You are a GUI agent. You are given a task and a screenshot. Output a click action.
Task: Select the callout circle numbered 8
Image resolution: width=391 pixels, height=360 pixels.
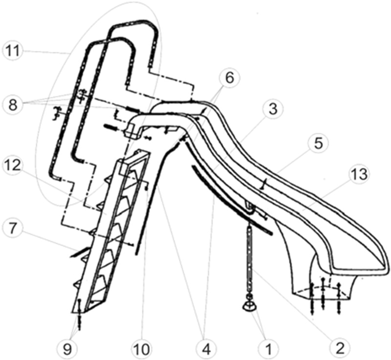click(x=13, y=103)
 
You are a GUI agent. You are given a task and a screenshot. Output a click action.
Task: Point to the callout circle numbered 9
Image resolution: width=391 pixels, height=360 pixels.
click(x=79, y=349)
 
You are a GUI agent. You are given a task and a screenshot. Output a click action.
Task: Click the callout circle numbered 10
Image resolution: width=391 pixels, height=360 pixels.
click(x=142, y=349)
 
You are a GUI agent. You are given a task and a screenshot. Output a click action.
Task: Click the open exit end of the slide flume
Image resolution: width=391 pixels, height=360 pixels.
click(x=362, y=259)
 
